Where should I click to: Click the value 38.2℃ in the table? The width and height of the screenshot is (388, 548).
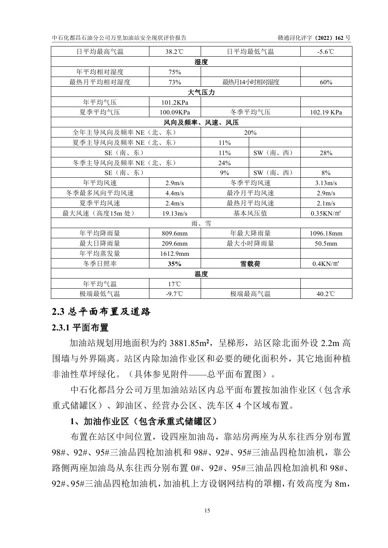pyautogui.click(x=174, y=52)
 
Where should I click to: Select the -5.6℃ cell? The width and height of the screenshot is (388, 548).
pyautogui.click(x=326, y=52)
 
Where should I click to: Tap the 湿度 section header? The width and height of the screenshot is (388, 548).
pyautogui.click(x=201, y=62)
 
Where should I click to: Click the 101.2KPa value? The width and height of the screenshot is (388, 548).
pyautogui.click(x=174, y=102)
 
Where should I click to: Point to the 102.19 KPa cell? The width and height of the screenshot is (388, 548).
pyautogui.click(x=326, y=112)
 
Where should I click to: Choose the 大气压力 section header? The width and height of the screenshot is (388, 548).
pyautogui.click(x=201, y=92)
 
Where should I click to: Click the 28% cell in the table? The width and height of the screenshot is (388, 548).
pyautogui.click(x=326, y=153)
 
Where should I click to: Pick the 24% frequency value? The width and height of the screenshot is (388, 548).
pyautogui.click(x=225, y=163)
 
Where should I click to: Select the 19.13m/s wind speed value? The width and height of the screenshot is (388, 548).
pyautogui.click(x=174, y=213)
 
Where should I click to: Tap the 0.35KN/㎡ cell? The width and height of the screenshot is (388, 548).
pyautogui.click(x=326, y=213)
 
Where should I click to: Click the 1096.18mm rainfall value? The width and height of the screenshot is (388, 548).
pyautogui.click(x=326, y=234)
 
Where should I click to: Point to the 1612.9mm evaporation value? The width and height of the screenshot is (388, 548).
pyautogui.click(x=174, y=254)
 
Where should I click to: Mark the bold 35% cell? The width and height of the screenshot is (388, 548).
pyautogui.click(x=174, y=264)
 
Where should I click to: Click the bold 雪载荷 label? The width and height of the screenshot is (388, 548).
pyautogui.click(x=250, y=264)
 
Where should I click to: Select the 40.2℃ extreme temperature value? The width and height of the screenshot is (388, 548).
pyautogui.click(x=326, y=294)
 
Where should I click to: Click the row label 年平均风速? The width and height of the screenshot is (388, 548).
pyautogui.click(x=100, y=183)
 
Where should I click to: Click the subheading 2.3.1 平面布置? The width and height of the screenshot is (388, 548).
pyautogui.click(x=80, y=327)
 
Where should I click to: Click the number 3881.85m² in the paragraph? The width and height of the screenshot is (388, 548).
pyautogui.click(x=190, y=343)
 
